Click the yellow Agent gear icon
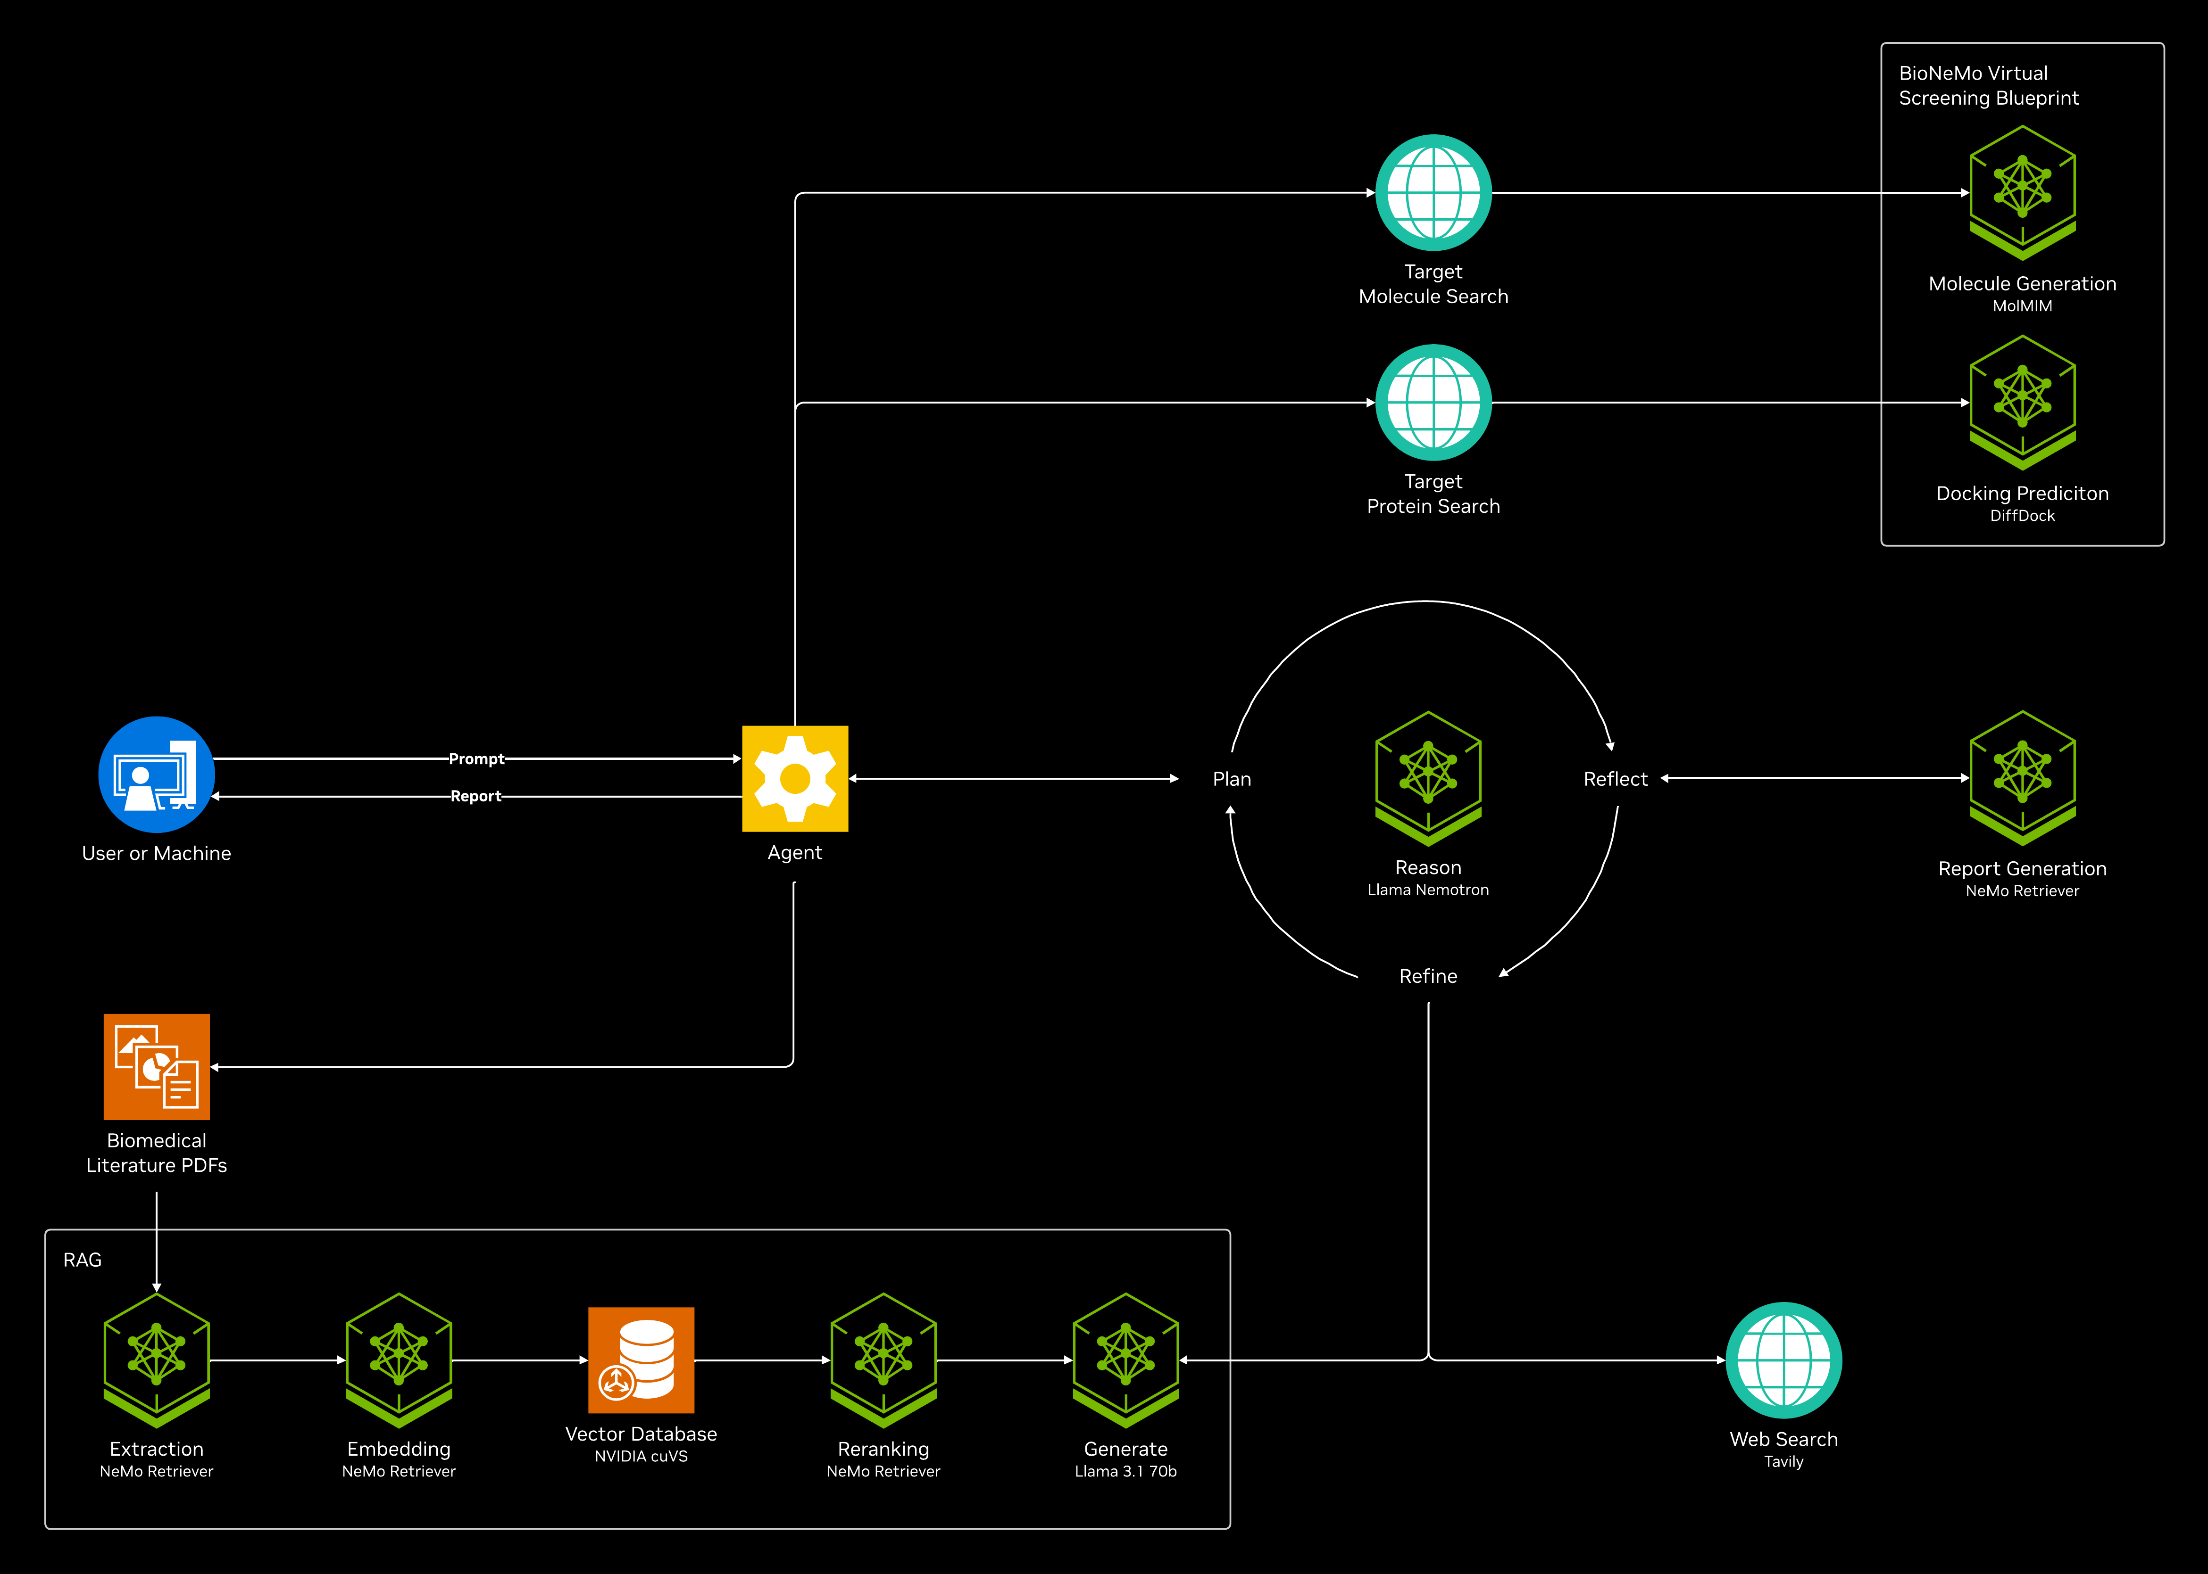(x=795, y=778)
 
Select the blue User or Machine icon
(x=156, y=775)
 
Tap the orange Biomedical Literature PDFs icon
(x=156, y=1066)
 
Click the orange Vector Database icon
(x=641, y=1360)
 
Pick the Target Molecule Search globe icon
(x=1433, y=193)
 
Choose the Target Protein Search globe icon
(x=1433, y=402)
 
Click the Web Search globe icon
(x=1783, y=1360)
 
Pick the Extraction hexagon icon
(x=156, y=1360)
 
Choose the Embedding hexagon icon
(x=399, y=1360)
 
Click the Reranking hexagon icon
(x=883, y=1360)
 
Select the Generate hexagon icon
(x=1126, y=1360)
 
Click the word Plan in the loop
(x=1232, y=779)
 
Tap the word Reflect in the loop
(x=1616, y=779)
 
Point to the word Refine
(x=1428, y=976)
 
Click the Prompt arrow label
(x=476, y=759)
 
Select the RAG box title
(x=83, y=1260)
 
